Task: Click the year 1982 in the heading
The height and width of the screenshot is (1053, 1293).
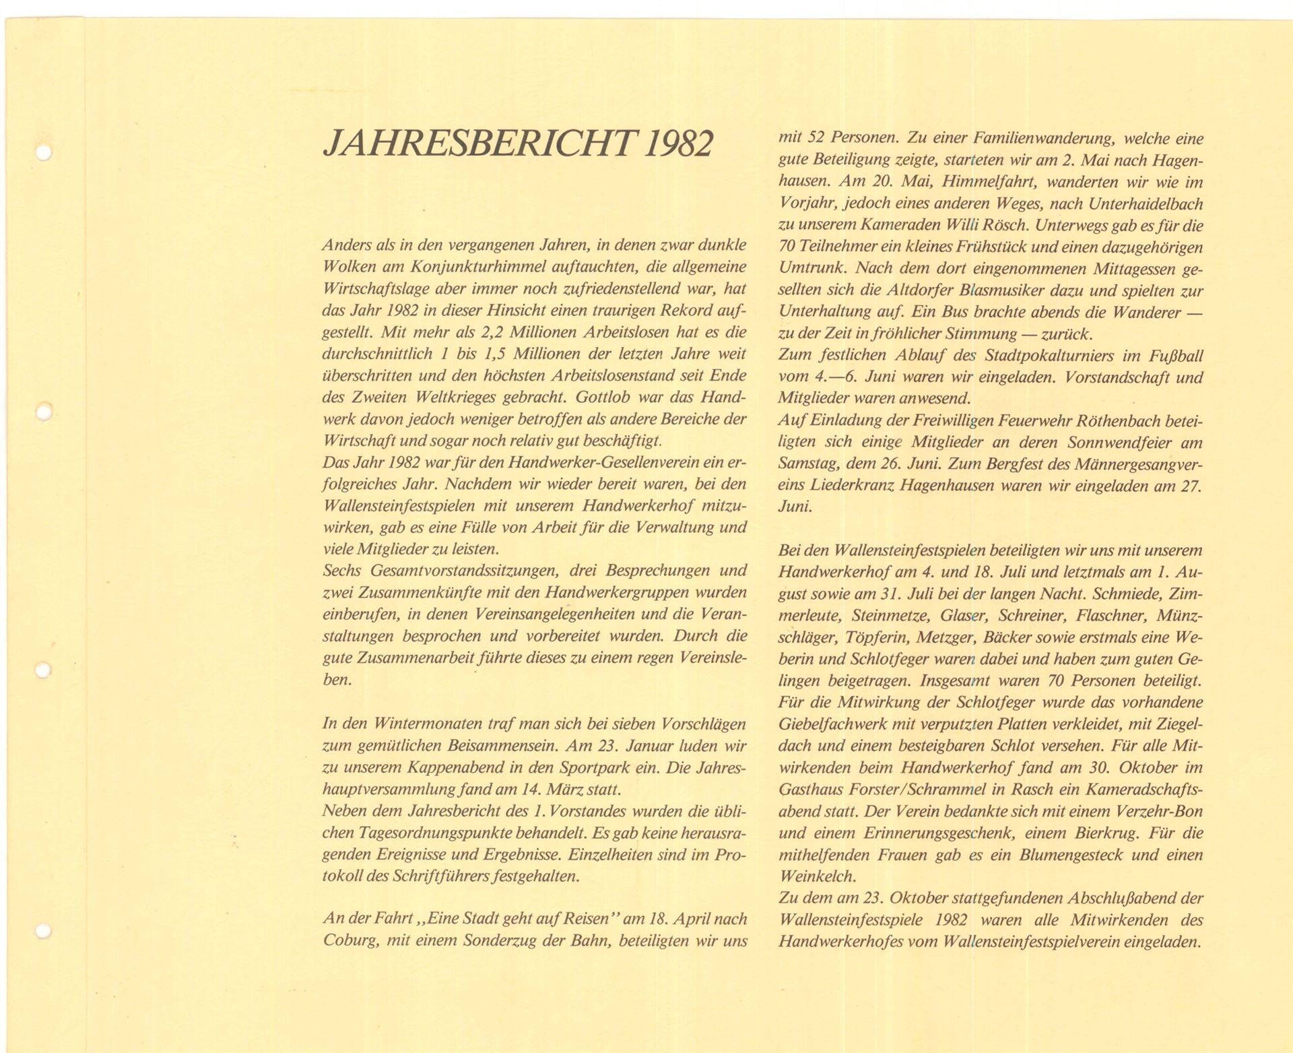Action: click(x=677, y=143)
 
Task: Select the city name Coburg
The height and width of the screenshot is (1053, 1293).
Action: click(x=351, y=940)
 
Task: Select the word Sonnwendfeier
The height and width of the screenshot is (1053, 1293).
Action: click(x=1120, y=443)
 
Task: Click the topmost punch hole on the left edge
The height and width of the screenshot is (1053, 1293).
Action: click(x=44, y=153)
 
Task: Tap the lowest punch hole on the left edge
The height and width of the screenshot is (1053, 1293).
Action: click(x=43, y=932)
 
